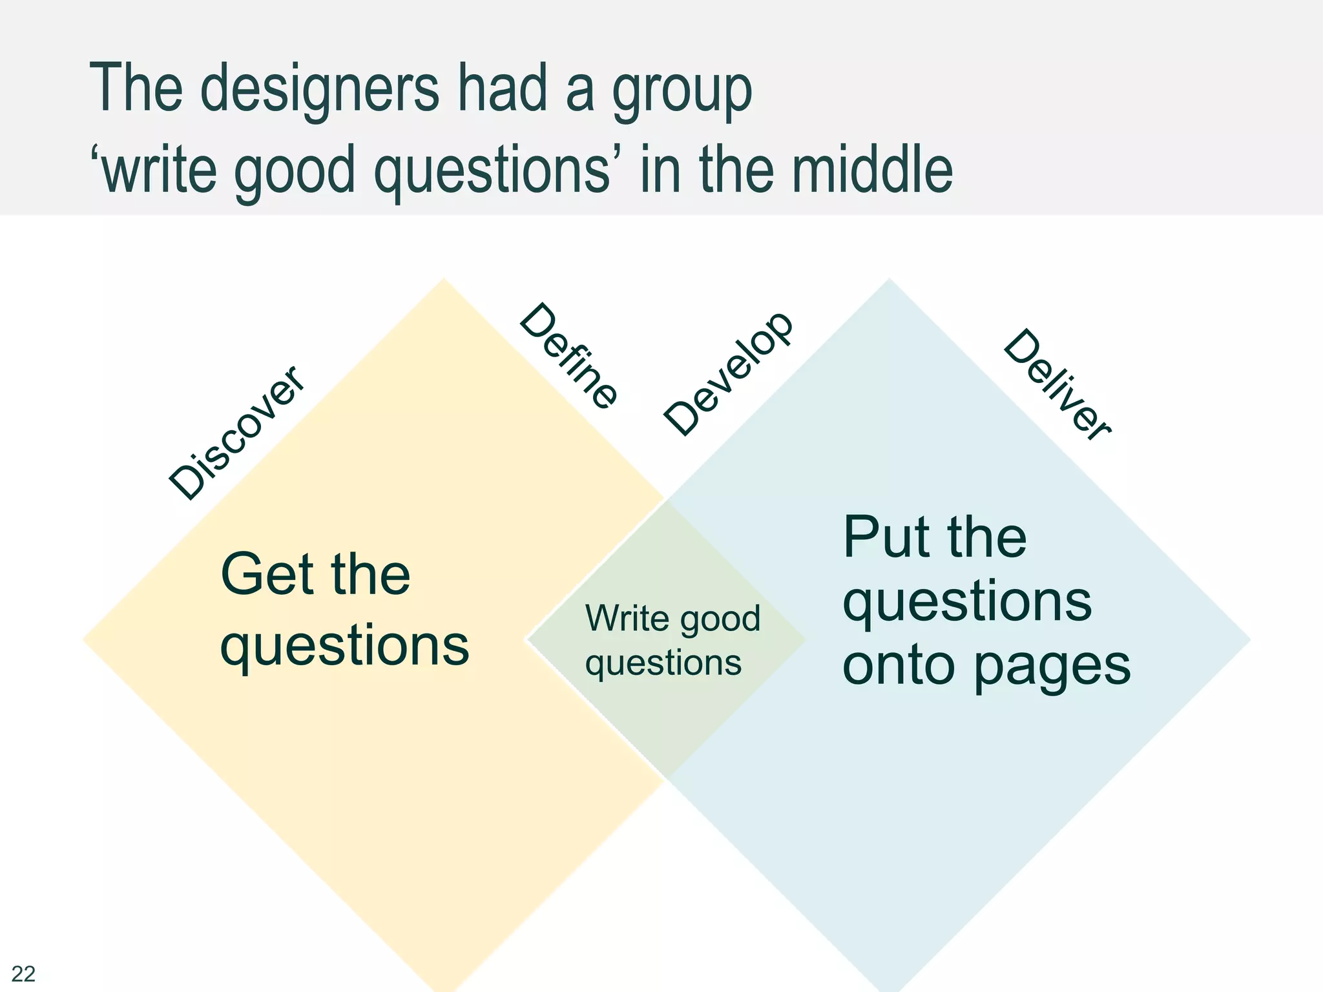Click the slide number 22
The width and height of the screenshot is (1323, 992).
(x=23, y=973)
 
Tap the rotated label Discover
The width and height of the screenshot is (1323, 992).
(x=236, y=433)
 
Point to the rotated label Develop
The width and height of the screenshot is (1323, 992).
(x=728, y=374)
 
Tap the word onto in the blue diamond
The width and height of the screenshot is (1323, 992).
(x=899, y=666)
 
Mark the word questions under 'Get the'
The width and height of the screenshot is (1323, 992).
(x=344, y=646)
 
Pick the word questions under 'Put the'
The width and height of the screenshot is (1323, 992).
(x=967, y=603)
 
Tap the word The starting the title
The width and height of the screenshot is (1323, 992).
(x=136, y=88)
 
